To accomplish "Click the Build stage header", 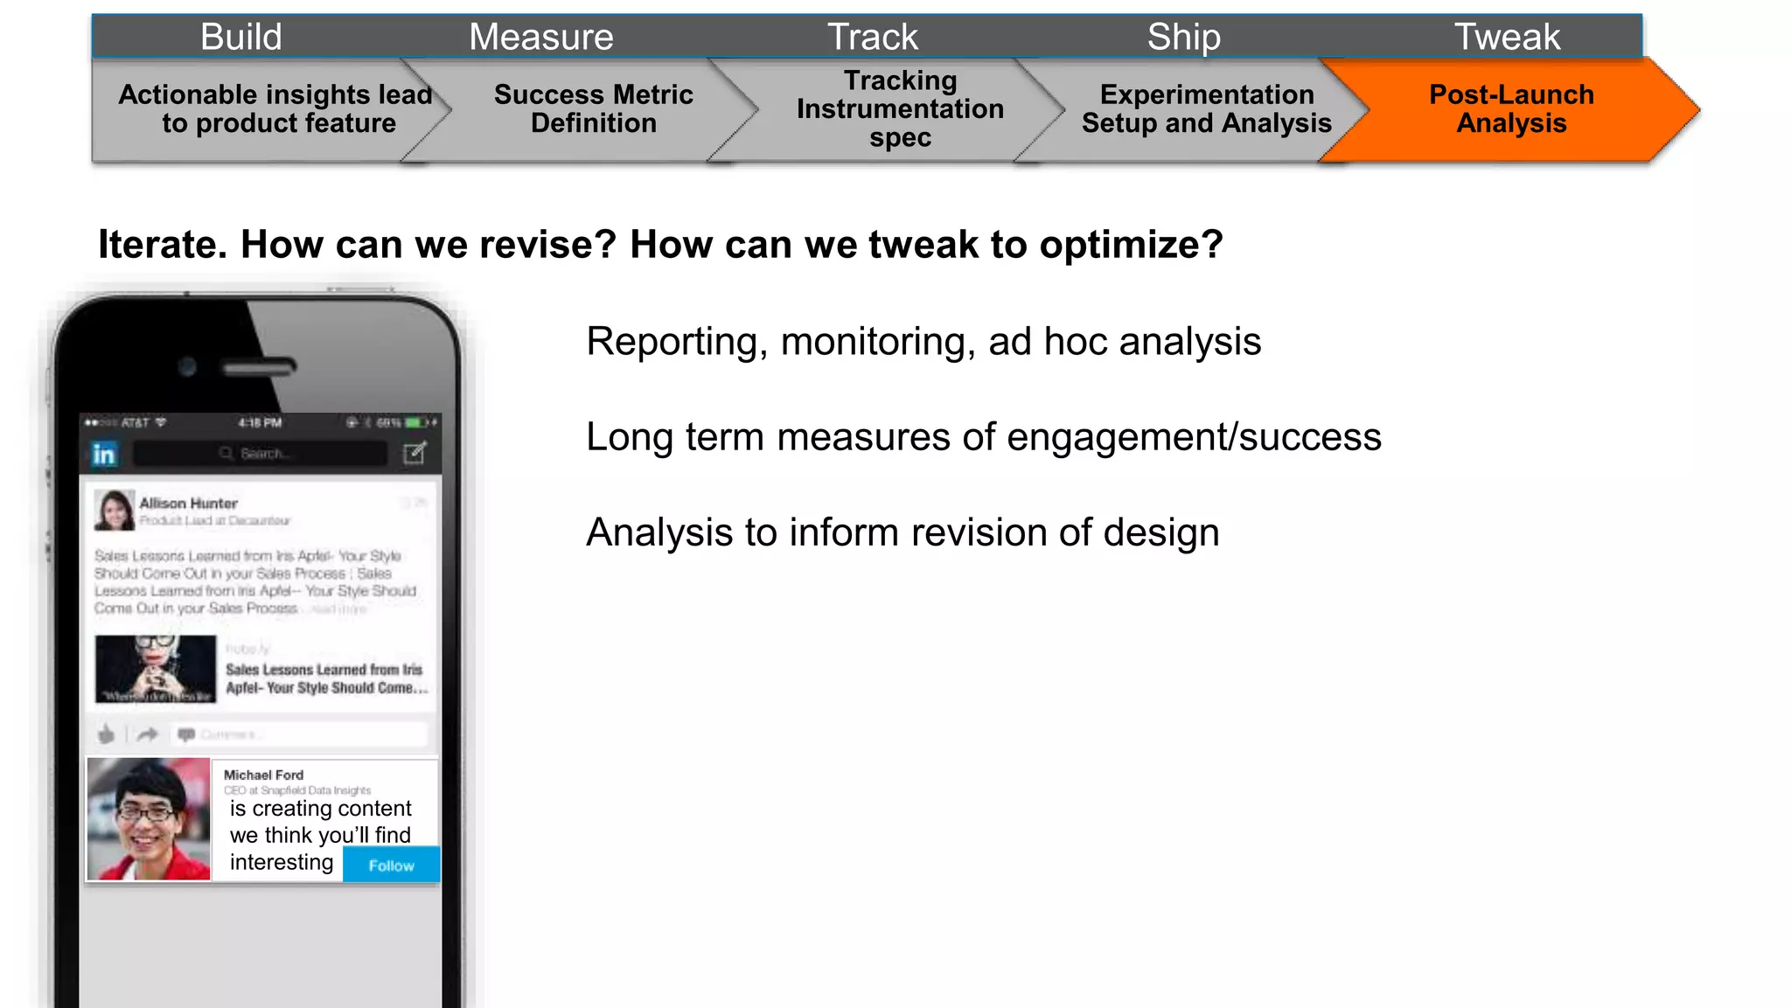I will (x=241, y=37).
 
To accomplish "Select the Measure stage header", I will (x=541, y=37).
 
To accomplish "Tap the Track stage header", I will (x=873, y=37).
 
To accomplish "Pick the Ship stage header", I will (x=1184, y=37).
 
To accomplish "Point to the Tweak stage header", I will (x=1507, y=37).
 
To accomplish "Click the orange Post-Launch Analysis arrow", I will (x=1511, y=109).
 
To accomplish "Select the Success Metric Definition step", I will (x=593, y=109).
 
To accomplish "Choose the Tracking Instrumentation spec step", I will (x=900, y=109).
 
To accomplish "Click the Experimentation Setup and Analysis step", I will (x=1206, y=109).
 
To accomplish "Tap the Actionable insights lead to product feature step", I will (x=276, y=109).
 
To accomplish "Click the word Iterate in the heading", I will (x=162, y=245).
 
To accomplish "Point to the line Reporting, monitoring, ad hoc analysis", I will (x=923, y=342).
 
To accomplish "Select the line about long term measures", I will (x=983, y=437).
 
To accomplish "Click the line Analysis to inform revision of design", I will (x=902, y=532).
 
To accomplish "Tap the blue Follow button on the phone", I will (x=391, y=865).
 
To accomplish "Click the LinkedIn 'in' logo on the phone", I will (x=104, y=454).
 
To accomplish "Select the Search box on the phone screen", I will (x=261, y=454).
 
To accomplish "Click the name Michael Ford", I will (x=263, y=775).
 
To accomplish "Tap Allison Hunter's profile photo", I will (x=115, y=510).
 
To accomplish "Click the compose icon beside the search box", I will (x=415, y=453).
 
